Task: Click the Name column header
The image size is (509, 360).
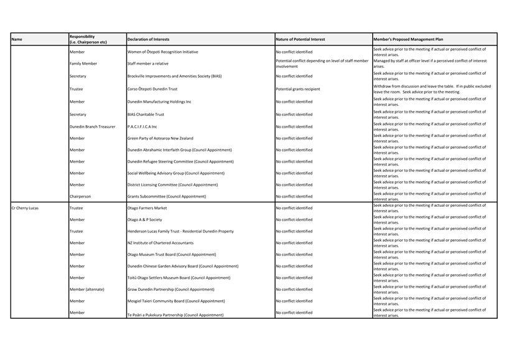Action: click(17, 39)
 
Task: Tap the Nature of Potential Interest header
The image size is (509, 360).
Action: click(300, 39)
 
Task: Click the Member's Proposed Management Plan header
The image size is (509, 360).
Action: click(408, 39)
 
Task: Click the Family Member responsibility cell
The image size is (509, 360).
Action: click(83, 64)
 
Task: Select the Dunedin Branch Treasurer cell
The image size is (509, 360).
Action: click(92, 126)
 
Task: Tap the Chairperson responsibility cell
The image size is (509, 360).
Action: click(80, 196)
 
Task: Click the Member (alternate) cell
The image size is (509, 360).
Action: click(87, 289)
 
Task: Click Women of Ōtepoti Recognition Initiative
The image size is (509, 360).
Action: click(162, 52)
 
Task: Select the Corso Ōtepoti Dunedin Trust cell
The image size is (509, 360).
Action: click(152, 89)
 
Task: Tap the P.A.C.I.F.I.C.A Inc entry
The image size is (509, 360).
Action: click(142, 126)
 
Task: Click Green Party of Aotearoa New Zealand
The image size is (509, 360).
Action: click(160, 138)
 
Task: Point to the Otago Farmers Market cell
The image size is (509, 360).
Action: click(147, 208)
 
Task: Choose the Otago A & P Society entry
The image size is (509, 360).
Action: click(144, 220)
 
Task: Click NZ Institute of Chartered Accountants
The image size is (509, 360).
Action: click(160, 243)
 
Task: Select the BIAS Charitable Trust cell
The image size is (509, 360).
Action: click(146, 115)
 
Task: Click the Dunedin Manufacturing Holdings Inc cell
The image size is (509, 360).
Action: click(159, 102)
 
